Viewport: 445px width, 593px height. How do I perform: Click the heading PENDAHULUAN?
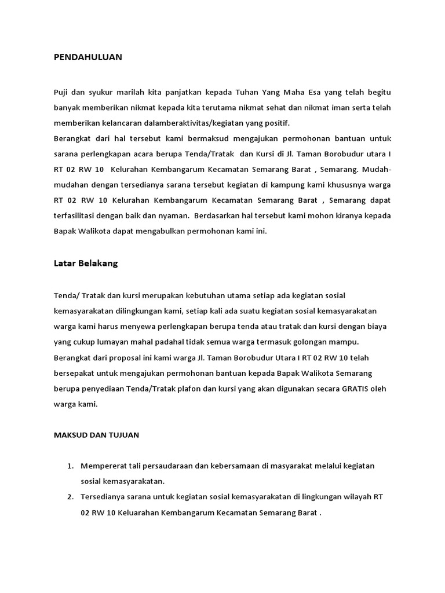pyautogui.click(x=87, y=57)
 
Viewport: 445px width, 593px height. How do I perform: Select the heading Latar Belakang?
pyautogui.click(x=85, y=263)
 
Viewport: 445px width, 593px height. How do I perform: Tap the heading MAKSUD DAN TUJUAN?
pyautogui.click(x=96, y=435)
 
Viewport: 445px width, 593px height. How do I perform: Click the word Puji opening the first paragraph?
pyautogui.click(x=61, y=93)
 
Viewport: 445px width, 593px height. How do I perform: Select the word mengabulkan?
pyautogui.click(x=162, y=230)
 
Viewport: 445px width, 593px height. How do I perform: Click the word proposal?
pyautogui.click(x=132, y=358)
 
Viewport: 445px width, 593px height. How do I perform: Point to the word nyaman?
pyautogui.click(x=175, y=215)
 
